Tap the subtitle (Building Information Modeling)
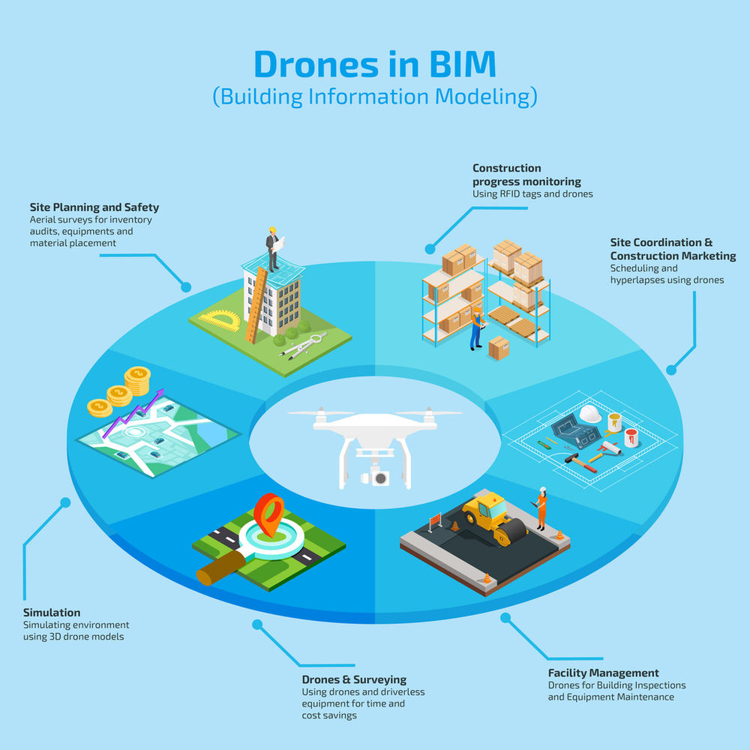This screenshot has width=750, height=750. pos(375,97)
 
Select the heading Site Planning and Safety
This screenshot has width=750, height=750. pos(94,207)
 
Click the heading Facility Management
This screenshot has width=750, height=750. pos(603,673)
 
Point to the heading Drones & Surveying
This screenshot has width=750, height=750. pos(354,679)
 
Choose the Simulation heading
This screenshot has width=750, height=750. pos(52,612)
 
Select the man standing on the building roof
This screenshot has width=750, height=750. pos(273,246)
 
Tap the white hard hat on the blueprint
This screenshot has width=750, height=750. pos(590,413)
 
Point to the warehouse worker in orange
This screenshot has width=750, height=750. pos(476,328)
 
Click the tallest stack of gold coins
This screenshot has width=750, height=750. pos(137,380)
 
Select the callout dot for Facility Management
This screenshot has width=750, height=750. pos(505,618)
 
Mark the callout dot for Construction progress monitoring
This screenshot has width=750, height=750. pos(430,249)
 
